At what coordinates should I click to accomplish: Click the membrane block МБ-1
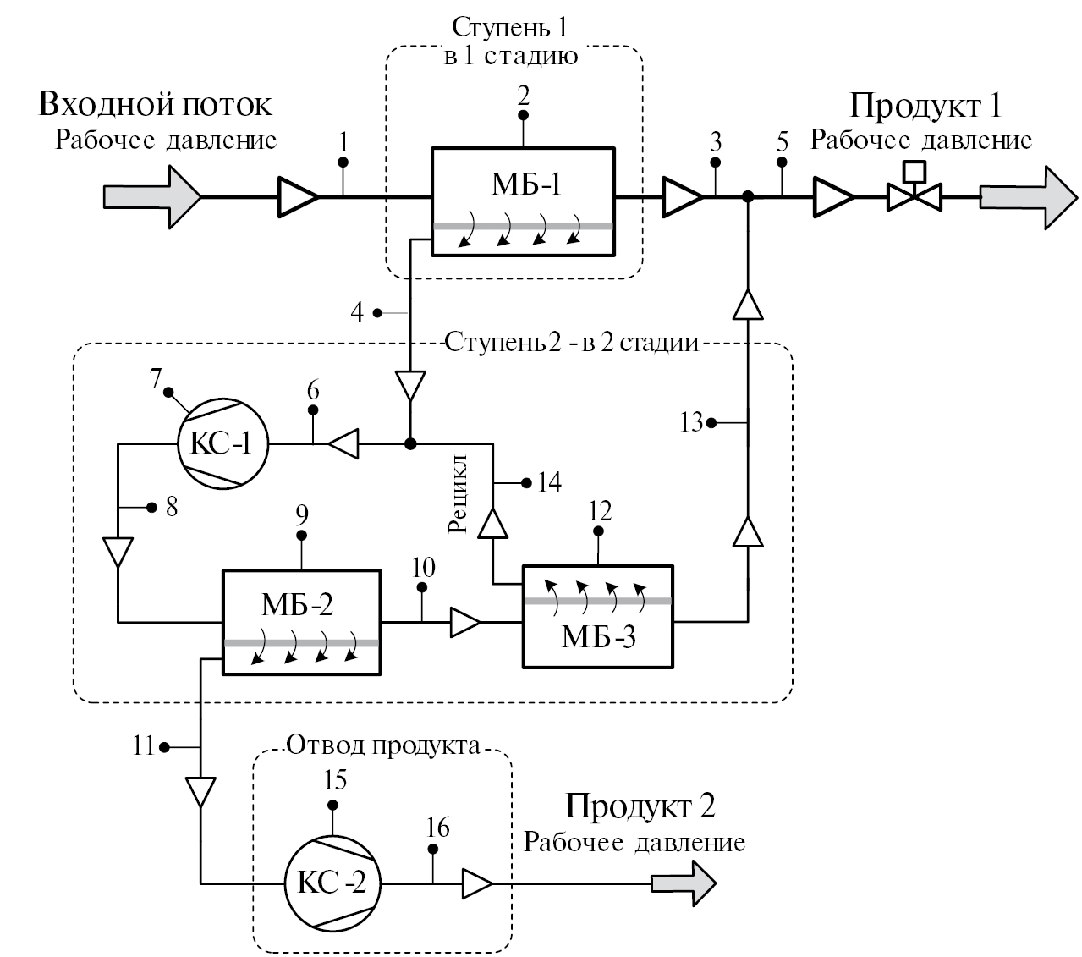click(523, 201)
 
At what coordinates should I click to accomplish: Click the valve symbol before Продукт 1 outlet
click(913, 197)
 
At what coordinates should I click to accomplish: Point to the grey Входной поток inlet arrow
click(151, 197)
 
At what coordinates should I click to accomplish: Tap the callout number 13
click(690, 421)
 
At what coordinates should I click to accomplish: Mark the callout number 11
click(144, 746)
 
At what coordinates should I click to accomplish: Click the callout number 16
click(437, 827)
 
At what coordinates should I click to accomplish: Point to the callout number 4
click(357, 312)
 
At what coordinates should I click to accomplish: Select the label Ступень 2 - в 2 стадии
click(571, 343)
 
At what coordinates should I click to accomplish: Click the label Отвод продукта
click(383, 745)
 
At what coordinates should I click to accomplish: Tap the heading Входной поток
click(155, 104)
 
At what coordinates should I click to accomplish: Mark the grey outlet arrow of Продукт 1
click(1024, 197)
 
